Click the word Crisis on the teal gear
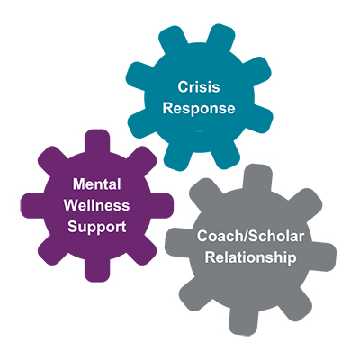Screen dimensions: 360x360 coord(199,87)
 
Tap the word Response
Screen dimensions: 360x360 coord(199,109)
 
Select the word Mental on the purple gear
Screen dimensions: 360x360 coord(97,184)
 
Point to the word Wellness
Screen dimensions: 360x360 coord(96,205)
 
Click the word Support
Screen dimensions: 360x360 coord(96,227)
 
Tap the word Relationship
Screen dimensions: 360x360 coord(250,257)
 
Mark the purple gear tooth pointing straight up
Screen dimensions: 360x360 coord(97,141)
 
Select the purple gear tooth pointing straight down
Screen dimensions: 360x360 coord(97,270)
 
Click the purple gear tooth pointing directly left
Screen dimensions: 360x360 coord(32,206)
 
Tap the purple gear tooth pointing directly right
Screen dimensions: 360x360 coord(162,206)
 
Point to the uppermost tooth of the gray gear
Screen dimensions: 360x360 coord(257,177)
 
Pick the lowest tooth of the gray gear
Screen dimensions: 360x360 coord(244,321)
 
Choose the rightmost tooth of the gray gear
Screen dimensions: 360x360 coord(323,254)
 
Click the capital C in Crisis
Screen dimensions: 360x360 coord(183,87)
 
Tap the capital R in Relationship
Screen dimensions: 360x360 coord(210,257)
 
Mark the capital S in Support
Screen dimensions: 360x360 coord(72,227)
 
